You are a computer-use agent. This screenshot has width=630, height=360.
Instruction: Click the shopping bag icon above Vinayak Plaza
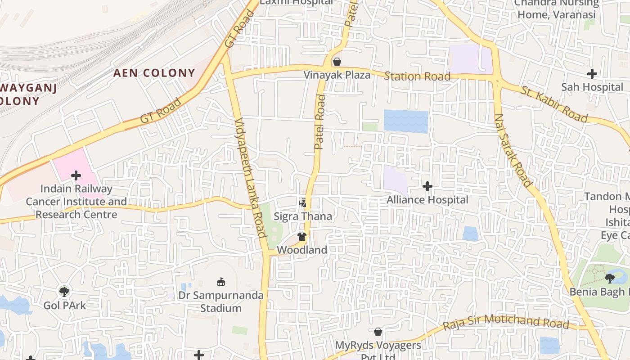(337, 62)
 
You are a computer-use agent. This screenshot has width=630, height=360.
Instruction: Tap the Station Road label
(417, 76)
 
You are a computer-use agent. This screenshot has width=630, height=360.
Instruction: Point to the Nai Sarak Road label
(513, 150)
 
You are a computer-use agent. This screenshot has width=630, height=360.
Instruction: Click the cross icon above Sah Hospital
(592, 74)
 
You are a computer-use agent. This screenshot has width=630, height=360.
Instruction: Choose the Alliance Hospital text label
(427, 200)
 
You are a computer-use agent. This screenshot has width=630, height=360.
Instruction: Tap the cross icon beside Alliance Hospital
(427, 186)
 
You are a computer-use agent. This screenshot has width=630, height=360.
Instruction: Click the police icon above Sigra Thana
(302, 202)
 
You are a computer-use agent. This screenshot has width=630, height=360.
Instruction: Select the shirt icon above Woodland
(301, 237)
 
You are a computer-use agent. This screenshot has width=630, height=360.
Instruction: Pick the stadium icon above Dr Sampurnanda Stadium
(220, 282)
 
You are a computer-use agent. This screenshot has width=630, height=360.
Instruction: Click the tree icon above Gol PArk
(64, 292)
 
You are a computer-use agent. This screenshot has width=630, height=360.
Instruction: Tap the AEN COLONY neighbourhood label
(154, 73)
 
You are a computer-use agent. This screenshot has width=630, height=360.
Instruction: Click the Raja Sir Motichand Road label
(506, 323)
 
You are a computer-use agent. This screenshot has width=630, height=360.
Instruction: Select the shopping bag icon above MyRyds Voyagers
(378, 332)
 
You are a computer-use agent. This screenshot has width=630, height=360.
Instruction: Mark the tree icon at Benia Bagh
(610, 278)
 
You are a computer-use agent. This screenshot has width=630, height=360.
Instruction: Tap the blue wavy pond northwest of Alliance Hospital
(406, 121)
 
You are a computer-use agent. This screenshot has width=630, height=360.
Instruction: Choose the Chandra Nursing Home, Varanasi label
(557, 9)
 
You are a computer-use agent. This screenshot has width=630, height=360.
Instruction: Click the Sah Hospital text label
(592, 87)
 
